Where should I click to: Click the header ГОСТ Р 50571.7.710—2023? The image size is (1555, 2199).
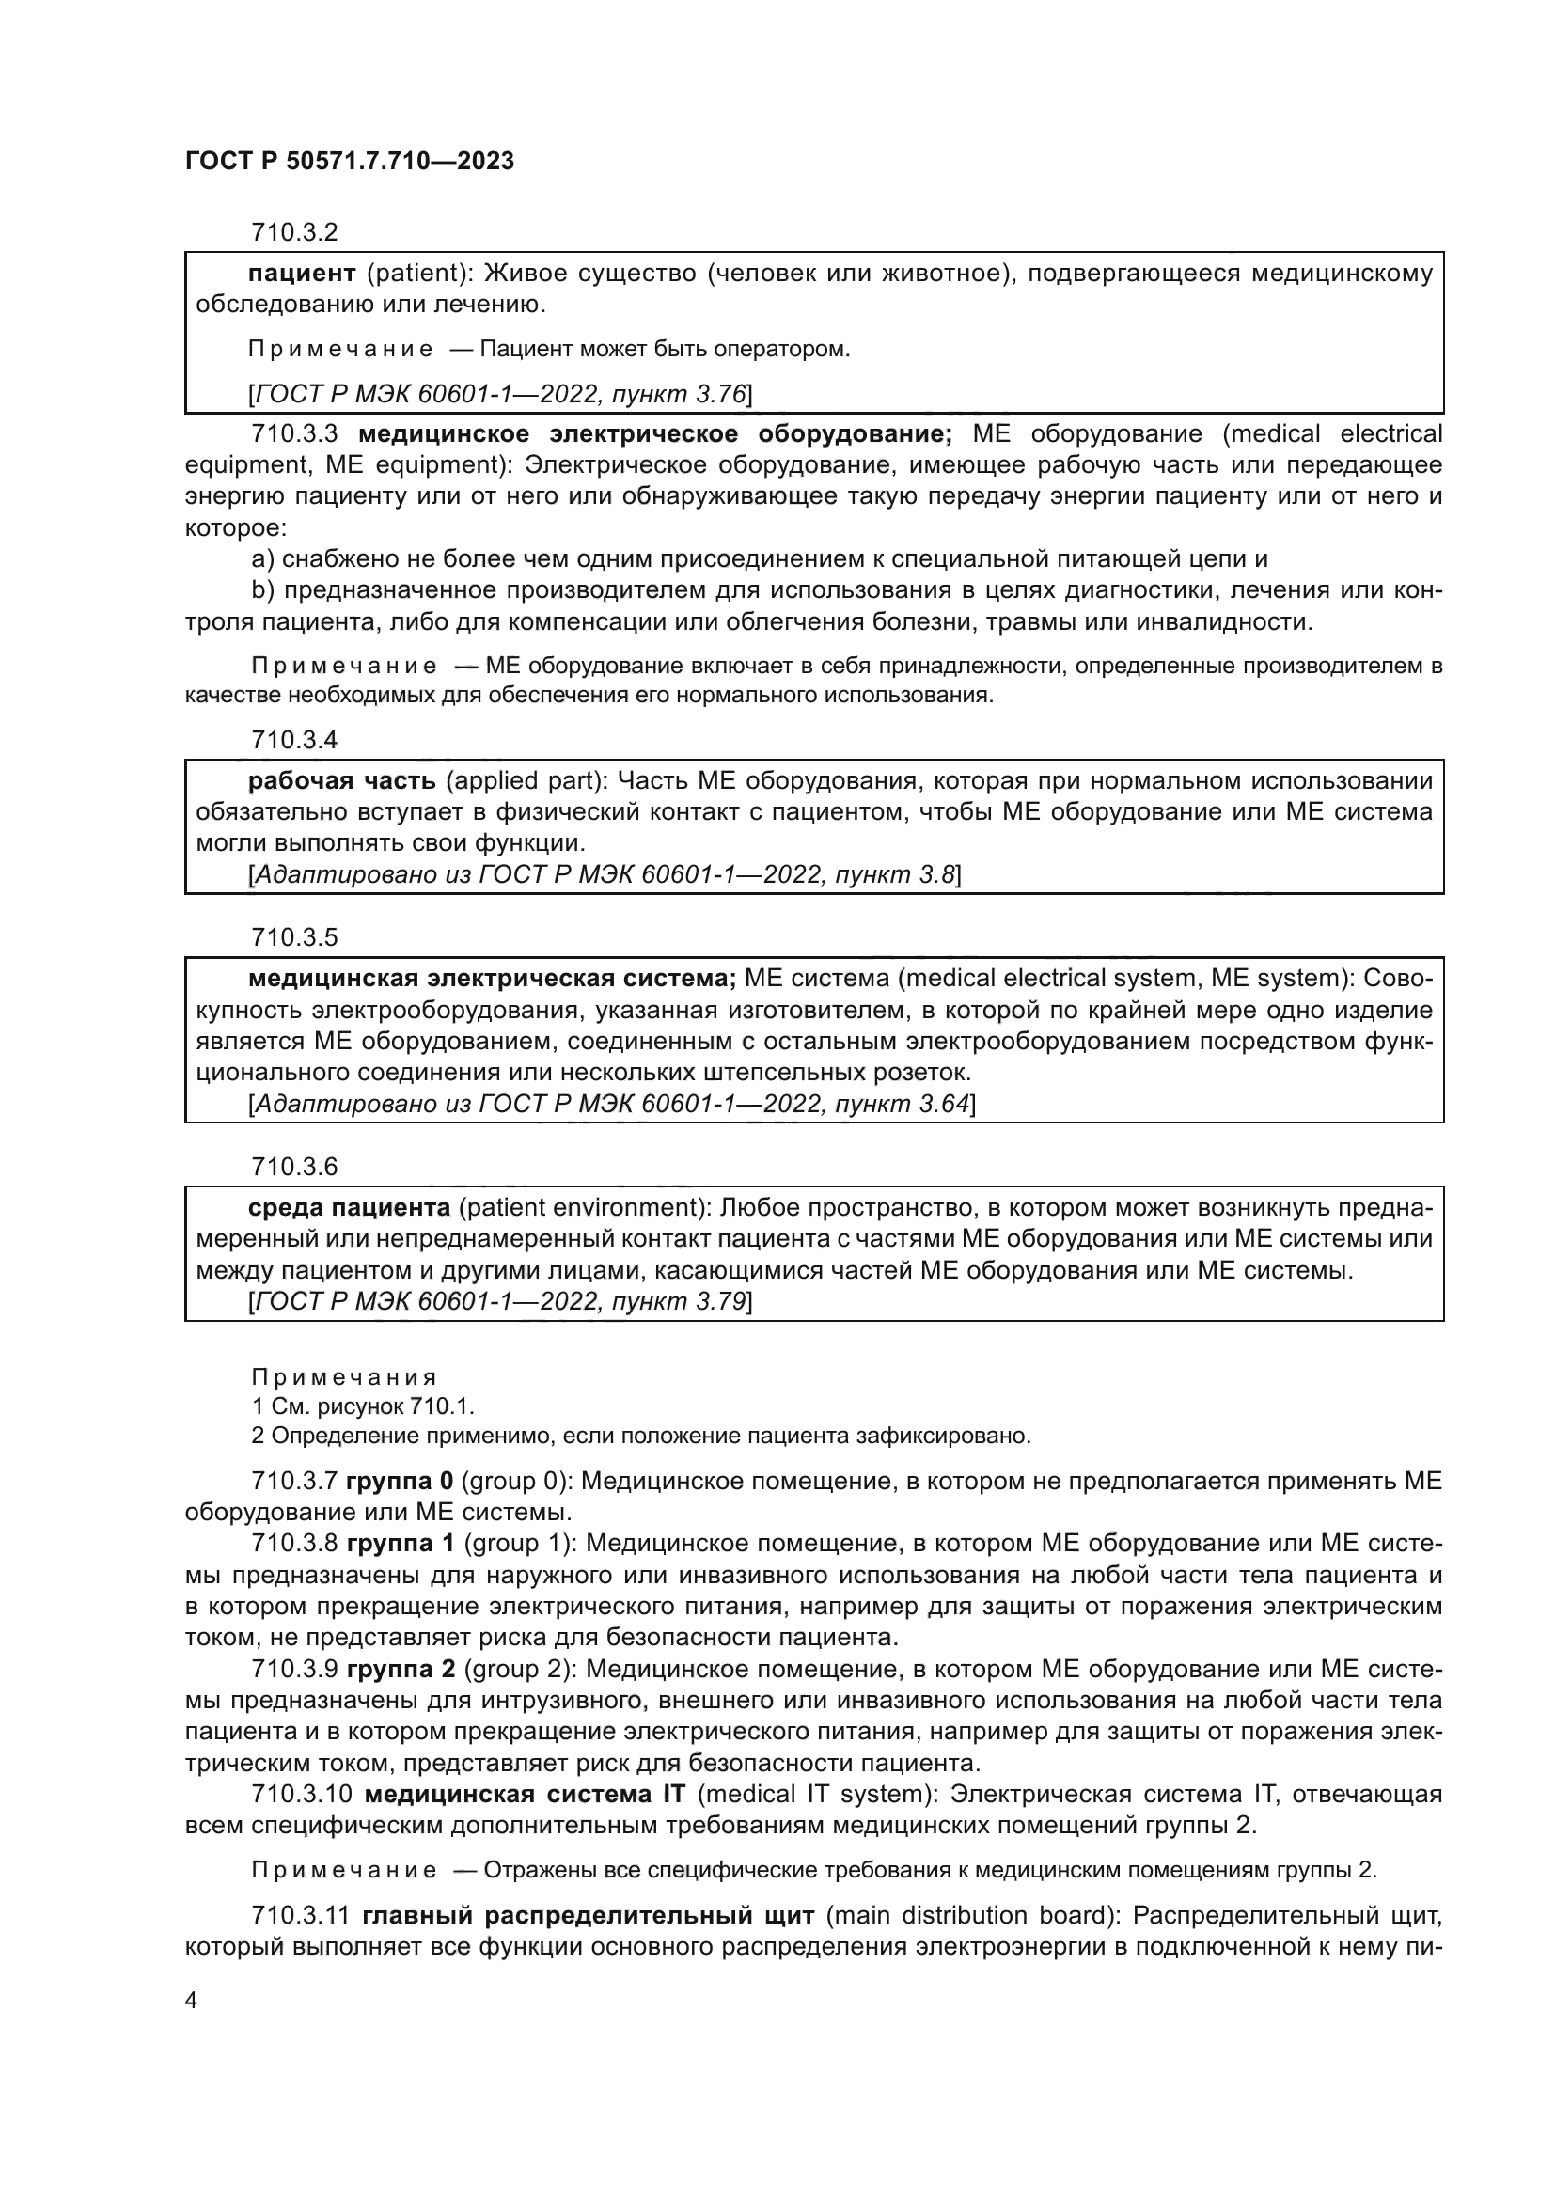(x=350, y=161)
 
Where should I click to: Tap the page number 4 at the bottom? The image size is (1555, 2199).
(x=192, y=2001)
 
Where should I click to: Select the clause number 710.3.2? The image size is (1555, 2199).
(x=294, y=233)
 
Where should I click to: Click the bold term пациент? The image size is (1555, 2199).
(x=302, y=274)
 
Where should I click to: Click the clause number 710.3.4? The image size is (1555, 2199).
(x=294, y=740)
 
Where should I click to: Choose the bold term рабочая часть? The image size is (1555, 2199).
(x=342, y=781)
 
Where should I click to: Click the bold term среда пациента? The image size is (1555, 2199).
(x=349, y=1208)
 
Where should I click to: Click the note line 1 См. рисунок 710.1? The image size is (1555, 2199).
(x=363, y=1406)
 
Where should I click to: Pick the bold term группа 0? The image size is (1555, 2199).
(x=400, y=1482)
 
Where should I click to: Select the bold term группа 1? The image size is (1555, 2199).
(x=401, y=1544)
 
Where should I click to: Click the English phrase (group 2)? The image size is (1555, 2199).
(x=520, y=1670)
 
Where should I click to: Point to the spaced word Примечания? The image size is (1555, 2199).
(x=344, y=1377)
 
